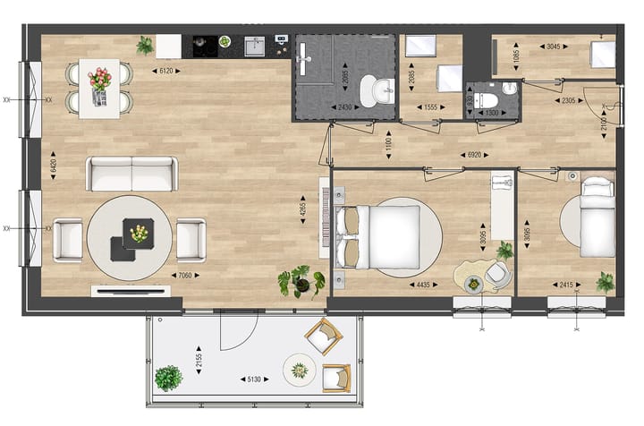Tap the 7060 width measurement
point(188,275)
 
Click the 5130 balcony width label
point(254,379)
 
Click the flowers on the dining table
point(100,79)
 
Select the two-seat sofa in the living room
point(131,174)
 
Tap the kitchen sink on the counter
point(255,46)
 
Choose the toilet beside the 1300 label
point(487,92)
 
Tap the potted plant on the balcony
point(167,379)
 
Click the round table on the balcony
point(299,369)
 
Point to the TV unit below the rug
point(131,291)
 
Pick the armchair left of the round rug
point(68,240)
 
